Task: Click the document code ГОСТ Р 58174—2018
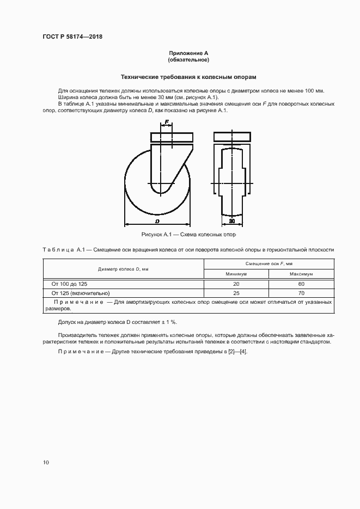pos(72,37)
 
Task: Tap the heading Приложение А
pos(188,53)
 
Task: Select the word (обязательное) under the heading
pos(188,59)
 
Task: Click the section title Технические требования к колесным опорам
pos(188,77)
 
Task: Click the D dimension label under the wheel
pos(157,222)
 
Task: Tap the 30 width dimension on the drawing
pos(231,222)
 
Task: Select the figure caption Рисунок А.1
pos(188,235)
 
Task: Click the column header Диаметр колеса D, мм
pos(124,269)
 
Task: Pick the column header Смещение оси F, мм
pos(269,263)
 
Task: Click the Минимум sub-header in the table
pos(236,274)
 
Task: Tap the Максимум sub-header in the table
pos(301,274)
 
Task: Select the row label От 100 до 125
pos(69,284)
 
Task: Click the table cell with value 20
pos(236,284)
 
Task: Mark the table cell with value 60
pos(301,284)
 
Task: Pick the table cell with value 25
pos(236,292)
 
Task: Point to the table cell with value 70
pos(301,292)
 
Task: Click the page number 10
pos(46,462)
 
